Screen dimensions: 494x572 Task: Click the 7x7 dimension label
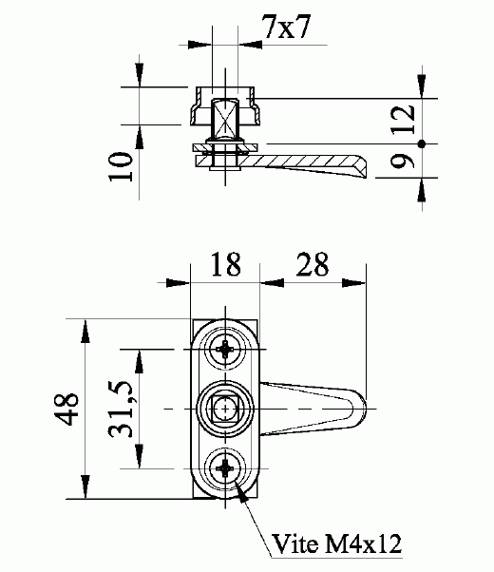point(286,27)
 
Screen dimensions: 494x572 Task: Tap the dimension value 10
point(121,166)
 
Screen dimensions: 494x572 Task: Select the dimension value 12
point(403,119)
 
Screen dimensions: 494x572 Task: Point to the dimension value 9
point(403,161)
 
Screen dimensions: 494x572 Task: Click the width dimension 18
point(226,264)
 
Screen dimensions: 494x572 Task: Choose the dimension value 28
point(313,264)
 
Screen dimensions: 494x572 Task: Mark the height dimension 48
point(66,409)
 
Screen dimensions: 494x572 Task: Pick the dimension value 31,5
point(121,409)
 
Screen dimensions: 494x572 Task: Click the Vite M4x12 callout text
point(336,543)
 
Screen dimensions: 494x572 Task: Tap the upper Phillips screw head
point(225,350)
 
